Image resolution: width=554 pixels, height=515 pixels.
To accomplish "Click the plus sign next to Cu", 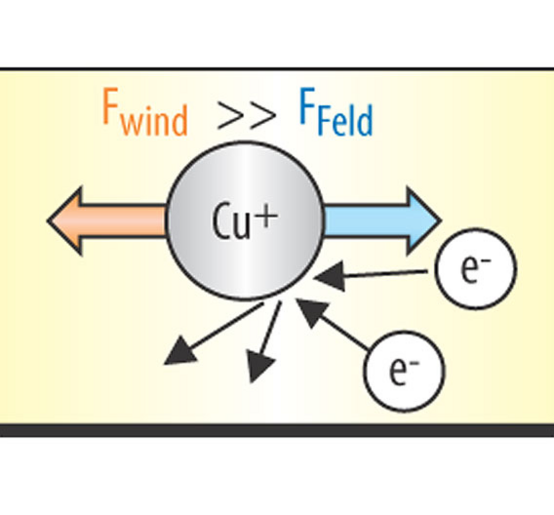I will [x=267, y=216].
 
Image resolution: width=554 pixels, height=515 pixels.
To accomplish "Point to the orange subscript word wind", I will [x=154, y=120].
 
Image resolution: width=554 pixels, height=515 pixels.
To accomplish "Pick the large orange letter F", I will [x=110, y=106].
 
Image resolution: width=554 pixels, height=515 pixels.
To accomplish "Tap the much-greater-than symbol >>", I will [x=246, y=116].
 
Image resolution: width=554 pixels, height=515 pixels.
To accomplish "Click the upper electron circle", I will [x=476, y=269].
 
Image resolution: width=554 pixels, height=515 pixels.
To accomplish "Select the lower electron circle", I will [x=404, y=371].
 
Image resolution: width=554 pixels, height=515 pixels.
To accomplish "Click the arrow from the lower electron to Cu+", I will [x=333, y=325].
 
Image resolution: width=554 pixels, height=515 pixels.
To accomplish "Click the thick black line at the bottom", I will [x=277, y=430].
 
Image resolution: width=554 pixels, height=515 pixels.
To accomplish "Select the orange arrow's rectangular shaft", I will [x=123, y=221].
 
